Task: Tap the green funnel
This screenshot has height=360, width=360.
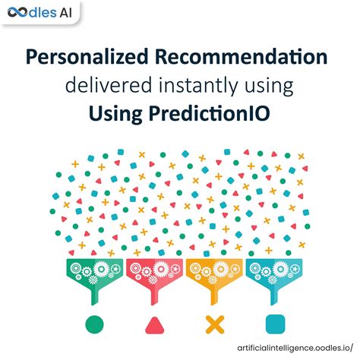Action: pyautogui.click(x=95, y=271)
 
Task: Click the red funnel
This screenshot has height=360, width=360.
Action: pyautogui.click(x=154, y=271)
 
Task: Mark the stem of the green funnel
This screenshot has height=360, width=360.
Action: pyautogui.click(x=95, y=292)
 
